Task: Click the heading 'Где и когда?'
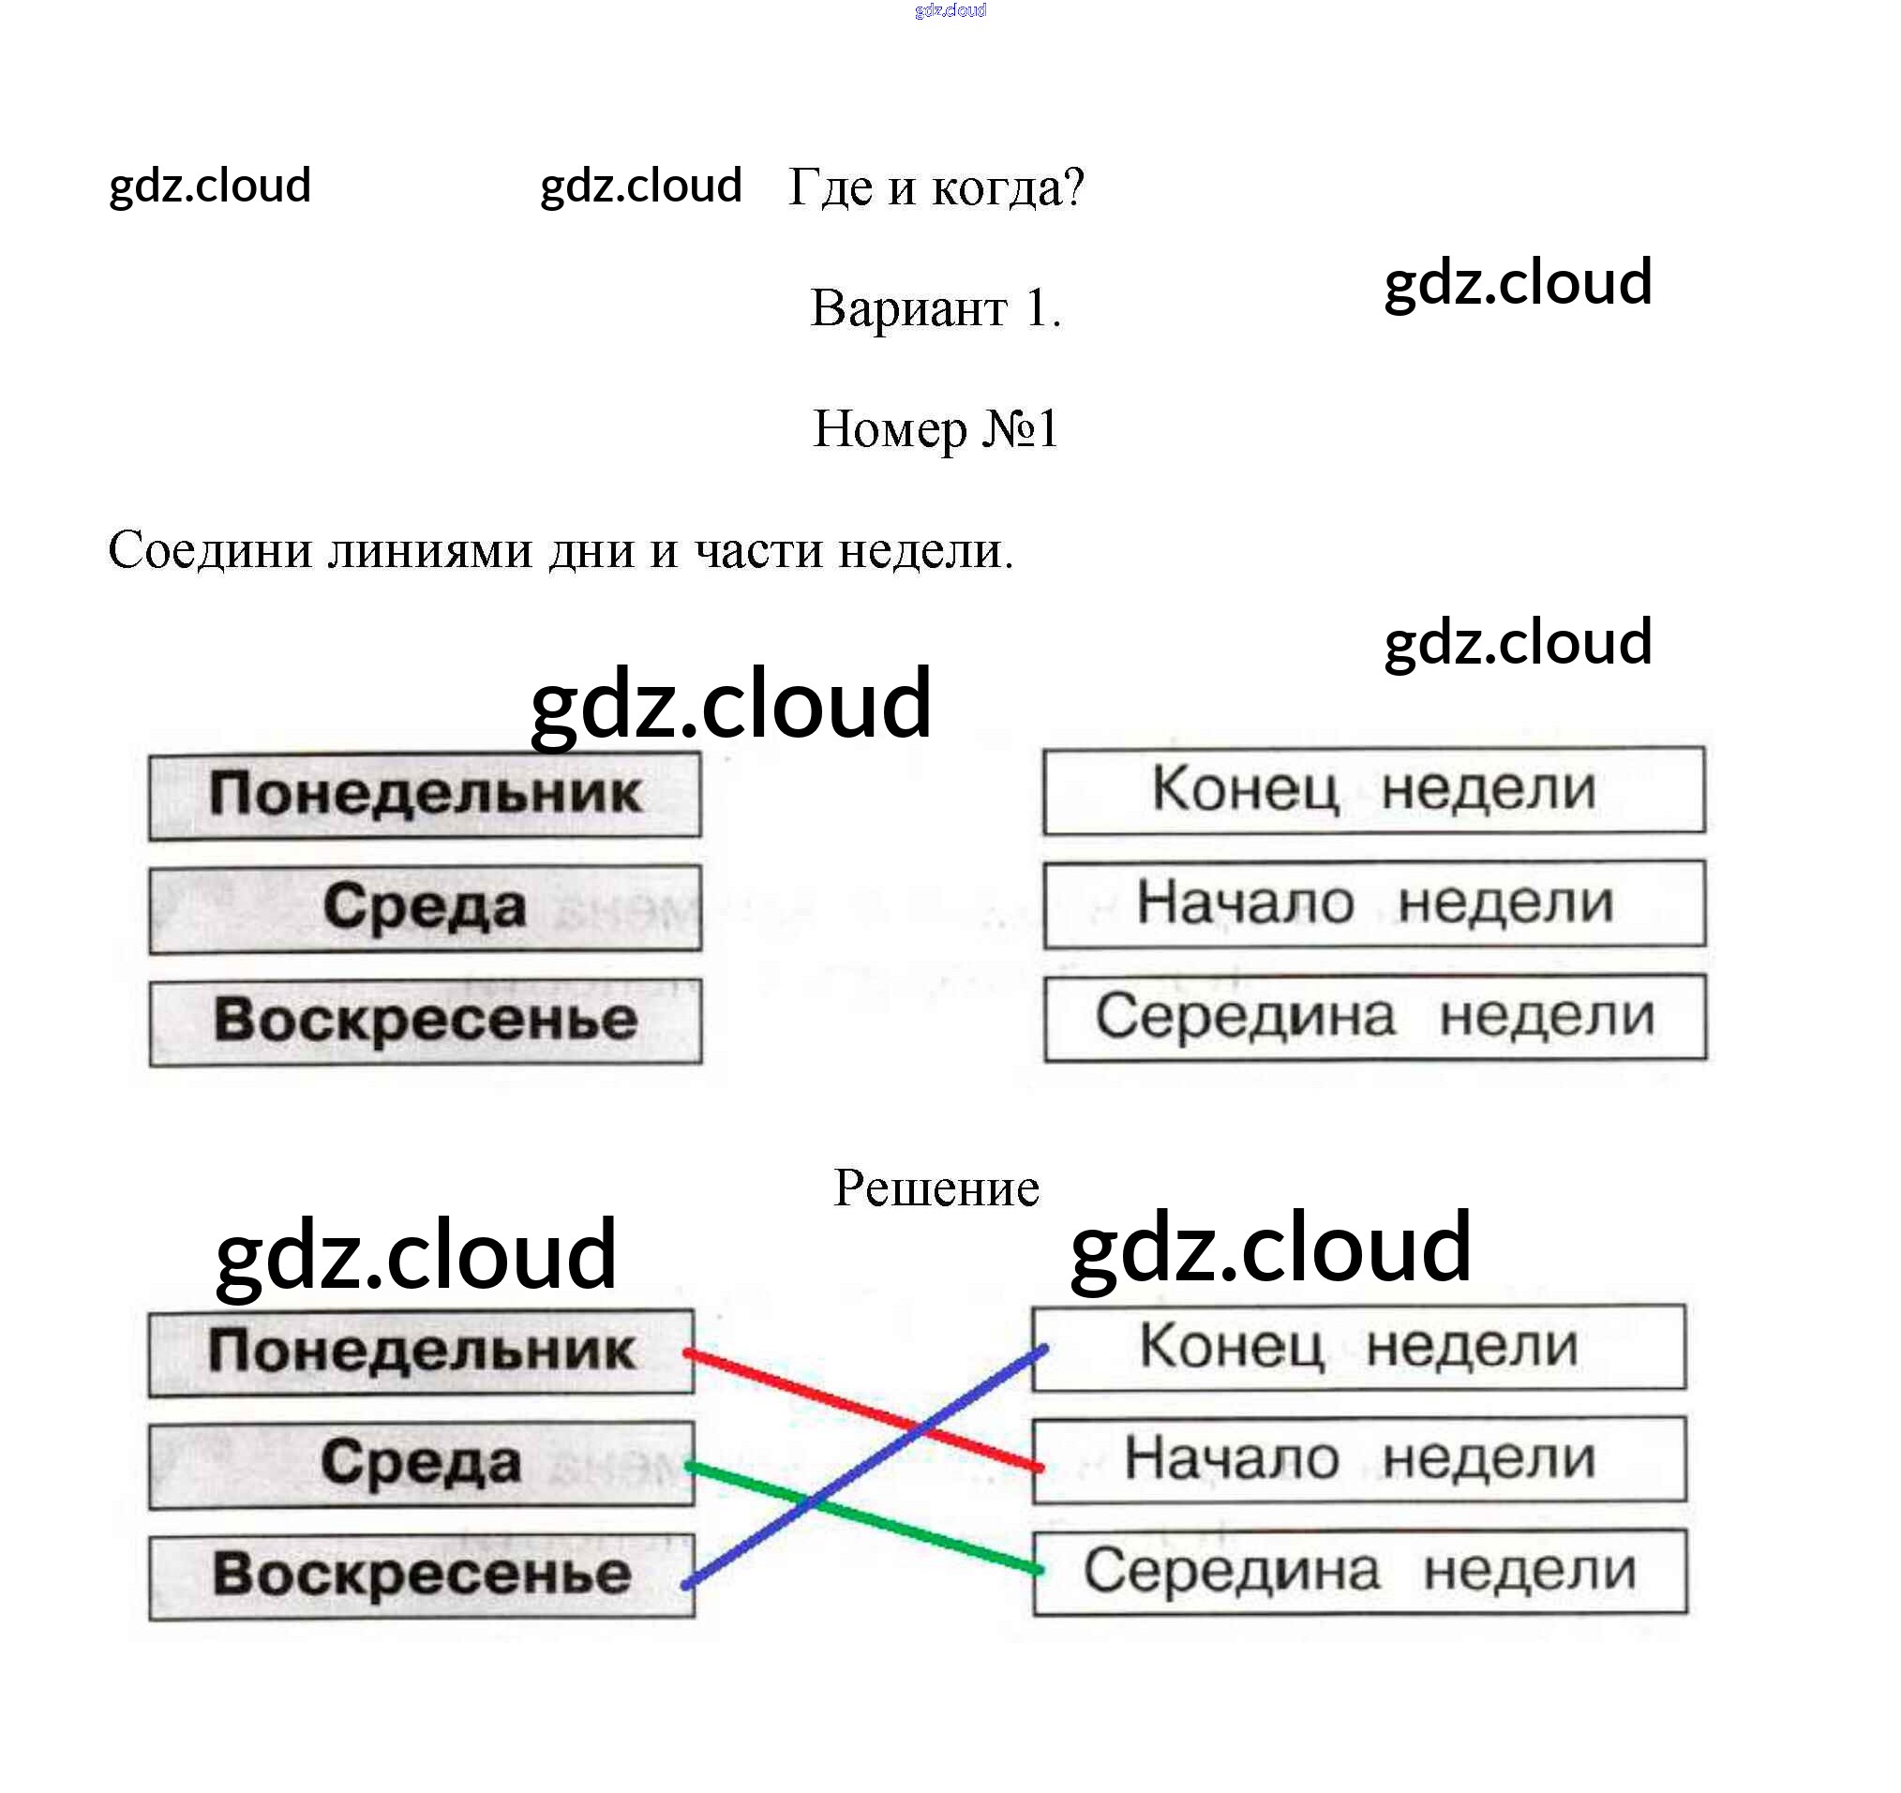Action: [936, 187]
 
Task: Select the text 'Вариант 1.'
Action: [936, 309]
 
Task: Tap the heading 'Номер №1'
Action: [936, 429]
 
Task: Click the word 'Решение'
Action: [936, 1188]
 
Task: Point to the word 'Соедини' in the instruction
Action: [210, 552]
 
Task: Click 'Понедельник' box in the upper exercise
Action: [425, 796]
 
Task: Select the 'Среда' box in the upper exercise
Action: [425, 908]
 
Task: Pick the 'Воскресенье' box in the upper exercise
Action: [425, 1022]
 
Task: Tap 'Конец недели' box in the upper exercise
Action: [1373, 791]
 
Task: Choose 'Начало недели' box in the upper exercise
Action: [1373, 904]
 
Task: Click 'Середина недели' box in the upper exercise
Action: [1373, 1018]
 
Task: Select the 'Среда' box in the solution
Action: [421, 1465]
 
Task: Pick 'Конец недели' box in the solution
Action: [1358, 1348]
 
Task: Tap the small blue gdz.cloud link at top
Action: [950, 10]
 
